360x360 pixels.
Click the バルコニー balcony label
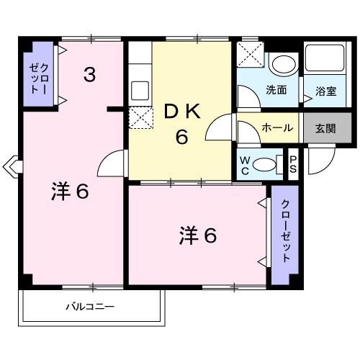click(90, 306)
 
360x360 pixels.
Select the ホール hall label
click(277, 128)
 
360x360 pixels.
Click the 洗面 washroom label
click(276, 91)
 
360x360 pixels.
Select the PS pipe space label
click(293, 164)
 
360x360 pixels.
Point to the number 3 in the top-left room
click(89, 74)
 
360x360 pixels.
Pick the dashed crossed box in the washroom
click(250, 55)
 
